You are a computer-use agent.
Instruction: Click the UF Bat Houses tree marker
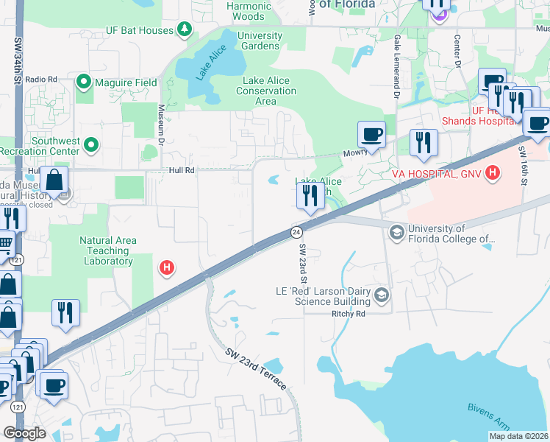coord(185,30)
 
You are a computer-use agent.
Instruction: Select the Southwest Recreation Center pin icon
coord(91,145)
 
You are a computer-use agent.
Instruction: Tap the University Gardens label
coord(260,41)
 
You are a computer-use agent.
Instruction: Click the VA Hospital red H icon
coord(493,174)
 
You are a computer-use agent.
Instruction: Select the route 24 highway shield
coord(296,231)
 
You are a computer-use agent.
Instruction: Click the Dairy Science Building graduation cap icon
coord(381,295)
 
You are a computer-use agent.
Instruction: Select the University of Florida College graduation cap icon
coord(397,233)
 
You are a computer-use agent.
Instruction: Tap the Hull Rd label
coord(179,170)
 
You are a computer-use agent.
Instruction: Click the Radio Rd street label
coord(41,79)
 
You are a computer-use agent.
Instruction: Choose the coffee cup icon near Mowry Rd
coord(371,135)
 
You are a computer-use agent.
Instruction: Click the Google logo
coord(24,432)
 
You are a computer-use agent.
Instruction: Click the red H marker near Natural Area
coord(167,267)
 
